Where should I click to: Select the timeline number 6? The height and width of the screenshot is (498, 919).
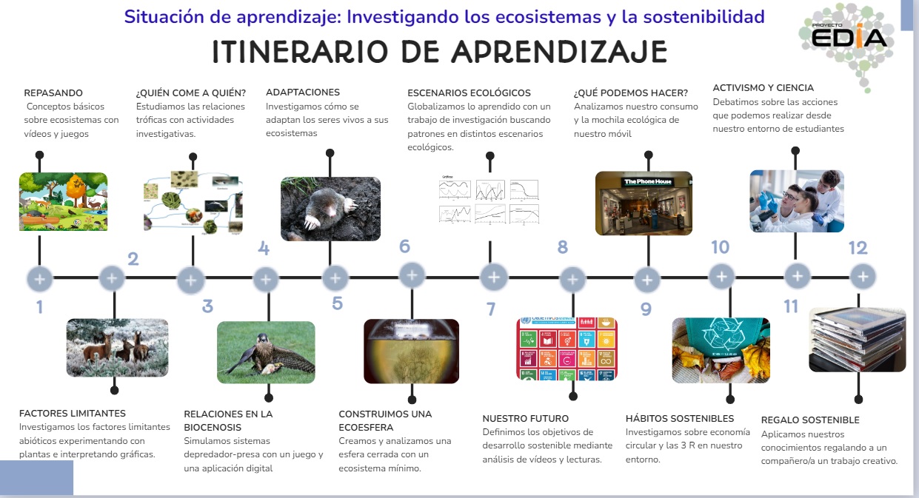(x=404, y=246)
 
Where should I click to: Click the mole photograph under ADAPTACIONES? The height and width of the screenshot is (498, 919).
(x=330, y=209)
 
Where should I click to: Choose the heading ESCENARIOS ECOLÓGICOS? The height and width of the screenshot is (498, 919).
(x=469, y=93)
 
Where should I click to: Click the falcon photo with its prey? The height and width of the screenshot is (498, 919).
(x=266, y=352)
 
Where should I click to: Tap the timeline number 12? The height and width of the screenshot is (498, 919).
(x=858, y=248)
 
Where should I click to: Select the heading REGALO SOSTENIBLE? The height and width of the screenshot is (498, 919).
(x=810, y=420)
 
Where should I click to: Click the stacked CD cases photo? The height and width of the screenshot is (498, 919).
(x=858, y=339)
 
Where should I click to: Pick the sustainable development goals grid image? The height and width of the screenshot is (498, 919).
(x=567, y=349)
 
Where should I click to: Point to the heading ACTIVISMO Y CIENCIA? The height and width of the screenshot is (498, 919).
(x=763, y=88)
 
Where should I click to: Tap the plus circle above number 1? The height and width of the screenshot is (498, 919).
(x=40, y=279)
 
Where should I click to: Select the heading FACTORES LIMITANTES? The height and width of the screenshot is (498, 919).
(x=73, y=414)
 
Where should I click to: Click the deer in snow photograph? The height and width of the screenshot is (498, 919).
(x=117, y=347)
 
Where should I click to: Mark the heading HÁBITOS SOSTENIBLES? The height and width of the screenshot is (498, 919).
(x=680, y=419)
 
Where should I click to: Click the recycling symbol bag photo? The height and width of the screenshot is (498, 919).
(x=721, y=350)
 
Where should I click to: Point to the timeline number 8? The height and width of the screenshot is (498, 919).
(x=563, y=248)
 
